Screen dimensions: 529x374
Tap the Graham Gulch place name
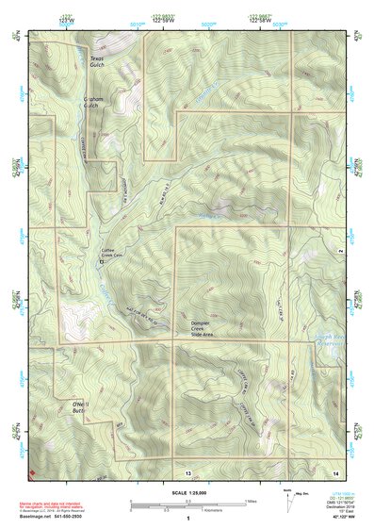(90, 101)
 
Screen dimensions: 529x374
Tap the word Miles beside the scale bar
(252, 501)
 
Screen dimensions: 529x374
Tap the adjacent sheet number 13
(187, 470)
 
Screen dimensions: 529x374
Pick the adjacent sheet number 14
(333, 470)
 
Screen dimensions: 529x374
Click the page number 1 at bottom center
(187, 518)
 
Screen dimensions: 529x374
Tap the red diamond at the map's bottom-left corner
(32, 471)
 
